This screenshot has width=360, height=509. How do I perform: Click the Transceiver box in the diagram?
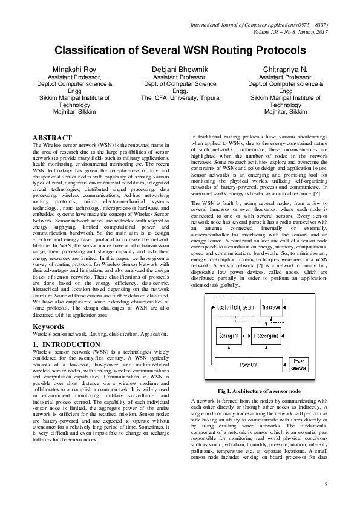pyautogui.click(x=269, y=308)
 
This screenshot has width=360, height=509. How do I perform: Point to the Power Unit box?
pyautogui.click(x=248, y=365)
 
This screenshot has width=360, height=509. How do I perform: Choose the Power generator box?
pyautogui.click(x=300, y=365)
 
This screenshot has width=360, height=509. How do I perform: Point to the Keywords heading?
pyautogui.click(x=48, y=326)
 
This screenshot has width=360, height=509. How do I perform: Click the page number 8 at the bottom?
pyautogui.click(x=326, y=484)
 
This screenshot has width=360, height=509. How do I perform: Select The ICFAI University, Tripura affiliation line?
pyautogui.click(x=180, y=96)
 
